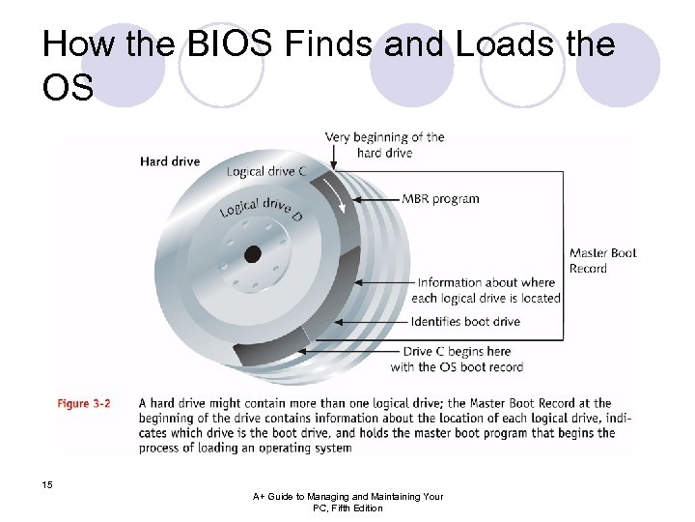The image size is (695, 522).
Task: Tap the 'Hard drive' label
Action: coord(169,161)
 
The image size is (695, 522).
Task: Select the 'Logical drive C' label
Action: coord(267,172)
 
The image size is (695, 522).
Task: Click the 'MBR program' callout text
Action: coord(440,199)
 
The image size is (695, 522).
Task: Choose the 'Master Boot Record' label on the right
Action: coord(603,261)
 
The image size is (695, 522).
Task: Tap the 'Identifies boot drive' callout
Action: coord(464,322)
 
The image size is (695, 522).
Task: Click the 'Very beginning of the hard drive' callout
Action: coord(384,145)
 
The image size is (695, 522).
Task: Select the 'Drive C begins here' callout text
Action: coord(457,352)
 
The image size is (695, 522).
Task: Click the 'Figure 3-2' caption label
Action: coord(85,403)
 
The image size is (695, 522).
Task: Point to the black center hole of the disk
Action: coord(253,254)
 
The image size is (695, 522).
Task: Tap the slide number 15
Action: coord(47,483)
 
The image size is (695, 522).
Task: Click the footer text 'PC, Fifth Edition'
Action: coord(347,507)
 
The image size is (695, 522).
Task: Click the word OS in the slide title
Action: coord(68,89)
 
